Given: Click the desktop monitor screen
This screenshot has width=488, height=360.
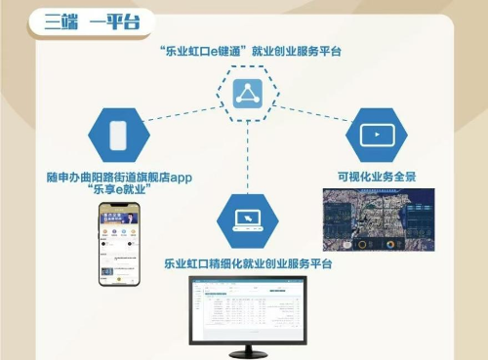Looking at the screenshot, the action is click(247, 308).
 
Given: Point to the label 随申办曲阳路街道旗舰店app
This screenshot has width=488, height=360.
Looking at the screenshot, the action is click(120, 177).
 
